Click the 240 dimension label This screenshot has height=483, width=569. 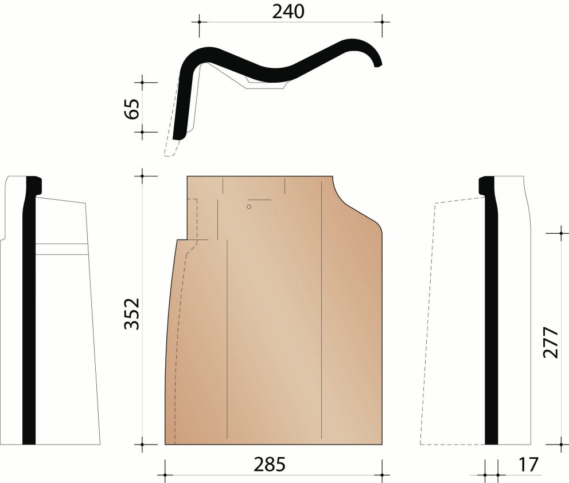[x=288, y=12]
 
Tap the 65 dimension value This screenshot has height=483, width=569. [x=132, y=109]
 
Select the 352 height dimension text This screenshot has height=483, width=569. [x=132, y=313]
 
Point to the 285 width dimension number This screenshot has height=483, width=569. [x=269, y=465]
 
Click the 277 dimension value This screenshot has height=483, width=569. [x=551, y=343]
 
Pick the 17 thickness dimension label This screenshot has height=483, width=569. [x=528, y=464]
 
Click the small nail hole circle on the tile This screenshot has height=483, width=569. [x=249, y=207]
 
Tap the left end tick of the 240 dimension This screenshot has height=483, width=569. [x=199, y=22]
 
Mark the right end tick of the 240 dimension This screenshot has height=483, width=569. [x=382, y=22]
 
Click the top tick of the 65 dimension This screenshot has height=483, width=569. [x=142, y=83]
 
